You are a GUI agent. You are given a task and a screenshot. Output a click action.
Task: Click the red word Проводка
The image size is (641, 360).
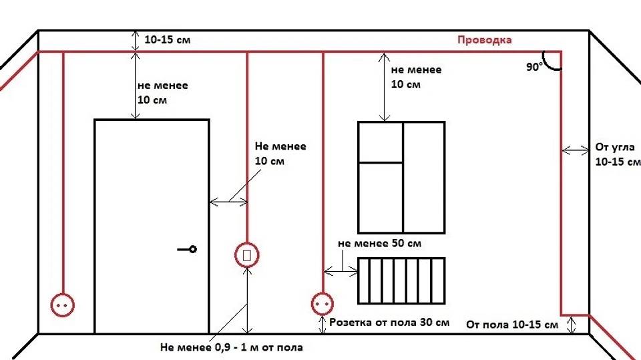click(x=484, y=40)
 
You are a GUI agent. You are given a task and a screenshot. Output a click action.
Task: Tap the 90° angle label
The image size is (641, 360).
click(x=534, y=67)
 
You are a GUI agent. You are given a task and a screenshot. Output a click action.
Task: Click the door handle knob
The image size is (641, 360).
click(x=193, y=249)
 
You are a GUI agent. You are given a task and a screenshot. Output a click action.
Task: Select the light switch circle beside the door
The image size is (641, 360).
click(x=246, y=254)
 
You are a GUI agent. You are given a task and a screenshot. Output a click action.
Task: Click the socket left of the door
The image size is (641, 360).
click(x=63, y=305)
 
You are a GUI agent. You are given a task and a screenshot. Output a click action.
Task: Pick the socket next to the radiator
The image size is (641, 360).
click(x=322, y=305)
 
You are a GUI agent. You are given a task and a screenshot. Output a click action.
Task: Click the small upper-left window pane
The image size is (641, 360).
click(x=381, y=142)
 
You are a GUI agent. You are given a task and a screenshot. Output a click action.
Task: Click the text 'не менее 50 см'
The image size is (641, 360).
click(x=379, y=244)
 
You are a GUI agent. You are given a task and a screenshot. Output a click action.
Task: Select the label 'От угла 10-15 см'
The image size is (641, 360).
click(x=616, y=154)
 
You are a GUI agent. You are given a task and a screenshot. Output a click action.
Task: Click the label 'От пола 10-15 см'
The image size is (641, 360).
click(x=512, y=325)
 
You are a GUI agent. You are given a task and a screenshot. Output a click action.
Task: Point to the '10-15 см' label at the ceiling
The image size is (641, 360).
click(x=167, y=40)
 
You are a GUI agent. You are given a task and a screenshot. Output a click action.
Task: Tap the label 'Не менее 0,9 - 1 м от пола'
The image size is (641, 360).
click(x=231, y=347)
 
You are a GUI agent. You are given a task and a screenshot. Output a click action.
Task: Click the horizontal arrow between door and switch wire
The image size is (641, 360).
click(x=229, y=200)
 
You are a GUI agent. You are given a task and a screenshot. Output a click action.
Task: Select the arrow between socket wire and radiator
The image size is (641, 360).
click(x=341, y=271)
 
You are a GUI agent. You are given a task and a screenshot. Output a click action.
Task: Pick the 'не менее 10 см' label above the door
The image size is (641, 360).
click(x=162, y=93)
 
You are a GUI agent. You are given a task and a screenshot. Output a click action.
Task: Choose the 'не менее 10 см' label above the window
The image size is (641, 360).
click(x=415, y=77)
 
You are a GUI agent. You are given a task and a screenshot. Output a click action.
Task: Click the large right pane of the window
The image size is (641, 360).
click(x=424, y=176)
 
